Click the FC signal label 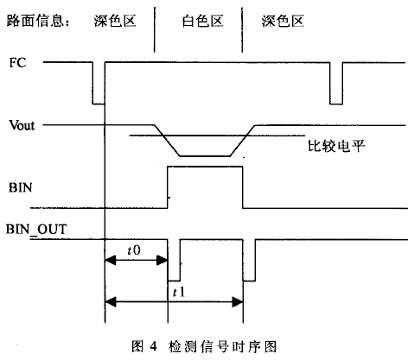pyautogui.click(x=17, y=62)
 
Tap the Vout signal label pyautogui.click(x=22, y=125)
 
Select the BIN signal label pyautogui.click(x=20, y=187)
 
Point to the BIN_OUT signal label pyautogui.click(x=36, y=230)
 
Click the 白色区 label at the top pyautogui.click(x=202, y=21)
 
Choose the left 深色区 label pyautogui.click(x=115, y=21)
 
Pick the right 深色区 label pyautogui.click(x=283, y=21)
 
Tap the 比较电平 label pyautogui.click(x=336, y=146)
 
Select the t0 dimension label pyautogui.click(x=134, y=250)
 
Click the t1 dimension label pyautogui.click(x=179, y=293)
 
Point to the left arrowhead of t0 pyautogui.click(x=110, y=261)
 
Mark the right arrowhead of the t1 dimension pyautogui.click(x=238, y=302)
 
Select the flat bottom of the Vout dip pyautogui.click(x=205, y=156)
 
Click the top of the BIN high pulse pyautogui.click(x=205, y=167)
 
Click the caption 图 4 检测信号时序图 pyautogui.click(x=204, y=346)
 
